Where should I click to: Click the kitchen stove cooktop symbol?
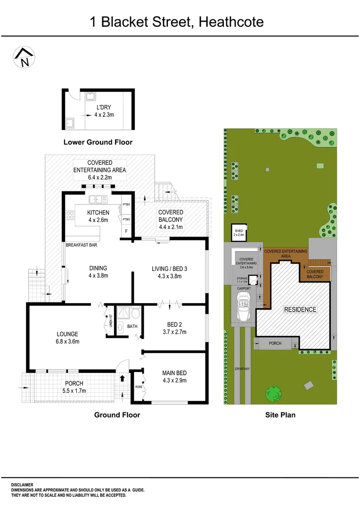[71, 216]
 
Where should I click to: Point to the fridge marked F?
[126, 232]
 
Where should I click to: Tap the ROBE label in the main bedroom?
[139, 386]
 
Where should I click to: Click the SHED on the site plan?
[240, 233]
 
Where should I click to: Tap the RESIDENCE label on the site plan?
[300, 310]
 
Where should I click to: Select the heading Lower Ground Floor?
[98, 142]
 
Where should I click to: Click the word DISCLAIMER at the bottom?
[22, 484]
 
